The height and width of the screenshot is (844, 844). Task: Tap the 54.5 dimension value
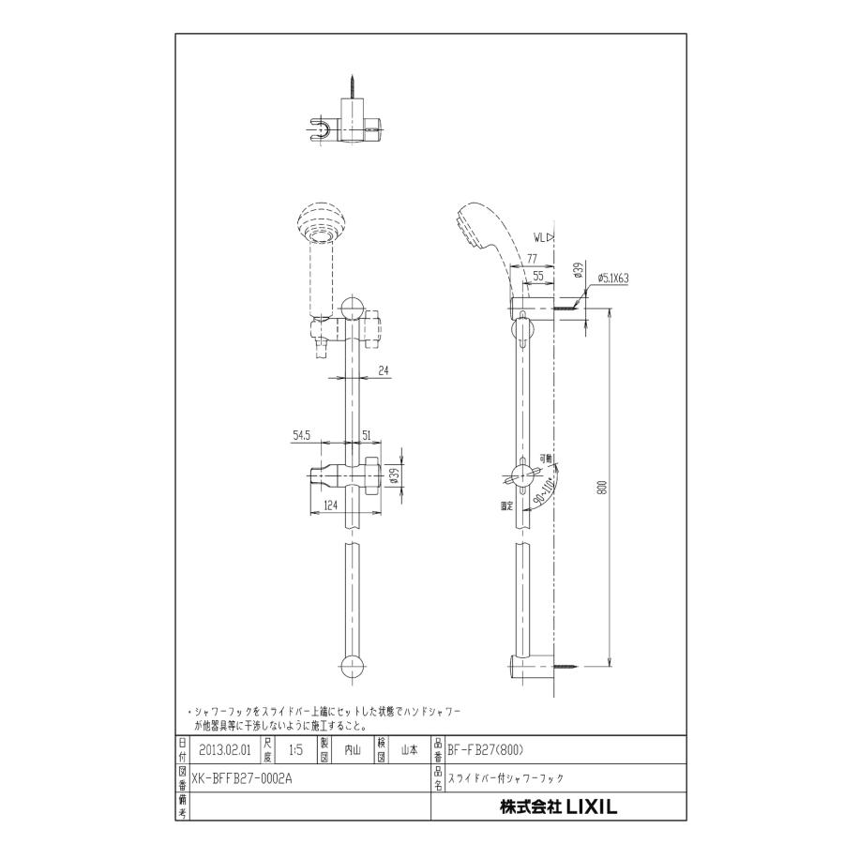pyautogui.click(x=302, y=435)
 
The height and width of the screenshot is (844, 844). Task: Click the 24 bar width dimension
pyautogui.click(x=384, y=369)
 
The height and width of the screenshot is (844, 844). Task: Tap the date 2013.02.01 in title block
pyautogui.click(x=225, y=750)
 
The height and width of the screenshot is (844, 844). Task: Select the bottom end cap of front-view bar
pyautogui.click(x=354, y=667)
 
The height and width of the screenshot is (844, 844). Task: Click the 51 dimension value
pyautogui.click(x=366, y=435)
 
